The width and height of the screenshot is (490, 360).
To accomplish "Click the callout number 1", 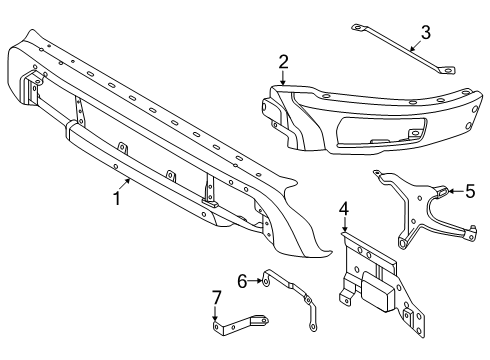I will click(117, 198).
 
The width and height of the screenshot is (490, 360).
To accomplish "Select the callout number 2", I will click(284, 62).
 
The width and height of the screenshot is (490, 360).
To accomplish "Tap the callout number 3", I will click(426, 32).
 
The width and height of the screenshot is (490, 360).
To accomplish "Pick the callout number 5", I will click(470, 189).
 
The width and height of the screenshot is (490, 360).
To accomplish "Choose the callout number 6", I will click(241, 282).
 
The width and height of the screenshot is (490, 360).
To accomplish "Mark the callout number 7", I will click(215, 296).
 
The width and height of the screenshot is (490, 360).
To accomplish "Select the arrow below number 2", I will click(284, 78).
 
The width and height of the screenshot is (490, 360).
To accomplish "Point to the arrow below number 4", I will click(344, 228).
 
